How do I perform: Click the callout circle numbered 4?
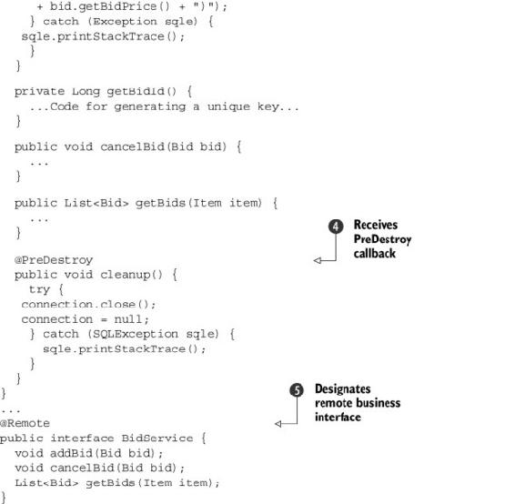[336, 227]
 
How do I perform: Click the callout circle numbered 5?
[297, 390]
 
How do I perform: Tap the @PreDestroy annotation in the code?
[54, 260]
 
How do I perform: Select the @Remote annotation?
[25, 423]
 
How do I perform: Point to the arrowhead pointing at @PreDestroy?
[318, 260]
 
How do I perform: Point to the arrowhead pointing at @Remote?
[278, 424]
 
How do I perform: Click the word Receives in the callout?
[376, 225]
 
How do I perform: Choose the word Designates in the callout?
[342, 388]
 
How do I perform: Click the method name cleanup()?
[131, 275]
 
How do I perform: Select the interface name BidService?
[157, 438]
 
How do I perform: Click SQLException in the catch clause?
[136, 334]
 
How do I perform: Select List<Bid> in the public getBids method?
[96, 203]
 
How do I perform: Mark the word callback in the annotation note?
[375, 254]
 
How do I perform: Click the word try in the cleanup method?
[39, 289]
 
